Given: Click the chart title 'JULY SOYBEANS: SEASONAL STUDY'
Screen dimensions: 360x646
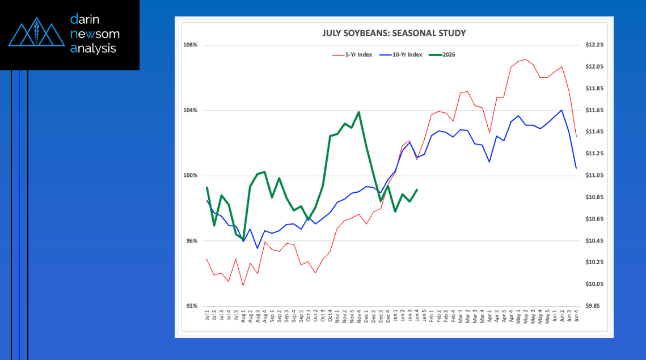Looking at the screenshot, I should pyautogui.click(x=393, y=33).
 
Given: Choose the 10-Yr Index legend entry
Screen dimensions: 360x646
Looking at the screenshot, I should pyautogui.click(x=407, y=54).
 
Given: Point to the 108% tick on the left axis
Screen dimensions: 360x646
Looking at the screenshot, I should pyautogui.click(x=190, y=45).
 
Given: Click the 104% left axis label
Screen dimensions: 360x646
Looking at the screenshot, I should pyautogui.click(x=190, y=110).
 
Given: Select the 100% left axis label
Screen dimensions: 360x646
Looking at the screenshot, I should pyautogui.click(x=190, y=175).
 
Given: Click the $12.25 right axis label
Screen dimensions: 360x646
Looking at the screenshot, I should pyautogui.click(x=595, y=45).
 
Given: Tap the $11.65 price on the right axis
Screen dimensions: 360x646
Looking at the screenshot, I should pyautogui.click(x=595, y=110).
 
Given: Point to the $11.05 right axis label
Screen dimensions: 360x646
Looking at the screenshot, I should pyautogui.click(x=595, y=175).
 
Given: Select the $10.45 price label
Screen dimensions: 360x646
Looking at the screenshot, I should pyautogui.click(x=595, y=241).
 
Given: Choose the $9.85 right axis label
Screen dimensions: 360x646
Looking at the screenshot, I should pyautogui.click(x=595, y=306).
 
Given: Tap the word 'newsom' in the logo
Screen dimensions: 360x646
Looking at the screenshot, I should pyautogui.click(x=95, y=34).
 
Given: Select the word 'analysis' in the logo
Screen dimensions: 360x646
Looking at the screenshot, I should pyautogui.click(x=93, y=49).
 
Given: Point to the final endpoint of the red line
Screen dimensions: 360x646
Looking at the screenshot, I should pyautogui.click(x=576, y=137).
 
